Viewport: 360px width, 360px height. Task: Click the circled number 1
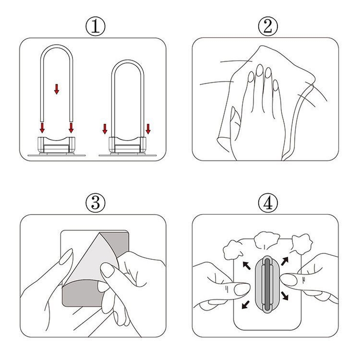click(95, 27)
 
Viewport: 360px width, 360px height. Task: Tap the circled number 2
click(268, 27)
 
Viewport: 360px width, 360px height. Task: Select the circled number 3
click(95, 203)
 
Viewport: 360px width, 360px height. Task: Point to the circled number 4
click(268, 203)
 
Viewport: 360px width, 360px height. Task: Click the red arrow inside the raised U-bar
click(56, 89)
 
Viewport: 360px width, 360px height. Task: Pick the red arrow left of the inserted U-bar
click(105, 129)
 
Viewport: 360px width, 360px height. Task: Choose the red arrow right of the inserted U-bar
click(148, 129)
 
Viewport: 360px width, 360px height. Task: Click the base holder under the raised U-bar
click(56, 144)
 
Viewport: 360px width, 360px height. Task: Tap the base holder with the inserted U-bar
click(127, 144)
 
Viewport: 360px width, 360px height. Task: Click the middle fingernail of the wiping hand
click(260, 70)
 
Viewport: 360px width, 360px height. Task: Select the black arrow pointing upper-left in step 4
click(247, 266)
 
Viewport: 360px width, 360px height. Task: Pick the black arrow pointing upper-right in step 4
click(285, 262)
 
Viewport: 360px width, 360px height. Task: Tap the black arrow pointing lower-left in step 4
click(246, 305)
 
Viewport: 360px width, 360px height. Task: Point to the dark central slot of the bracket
click(267, 285)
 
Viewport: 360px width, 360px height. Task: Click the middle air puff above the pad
click(267, 240)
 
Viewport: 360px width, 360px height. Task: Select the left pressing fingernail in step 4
click(242, 289)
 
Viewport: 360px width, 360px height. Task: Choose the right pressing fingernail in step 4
click(288, 280)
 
